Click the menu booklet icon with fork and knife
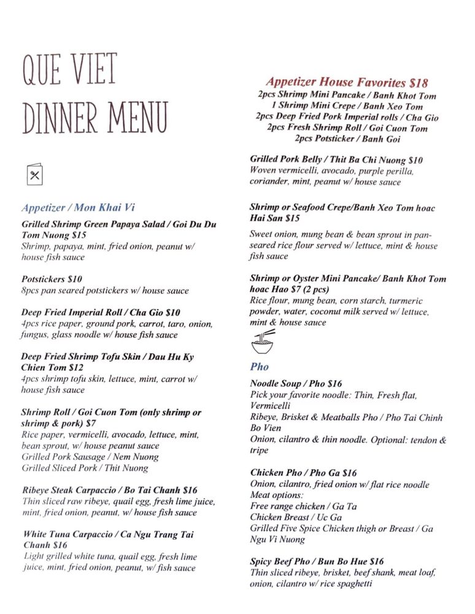[34, 175]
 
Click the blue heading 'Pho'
[259, 367]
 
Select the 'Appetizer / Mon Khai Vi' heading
[77, 208]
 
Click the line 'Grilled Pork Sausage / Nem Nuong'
[90, 457]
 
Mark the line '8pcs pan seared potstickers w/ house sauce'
[104, 290]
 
